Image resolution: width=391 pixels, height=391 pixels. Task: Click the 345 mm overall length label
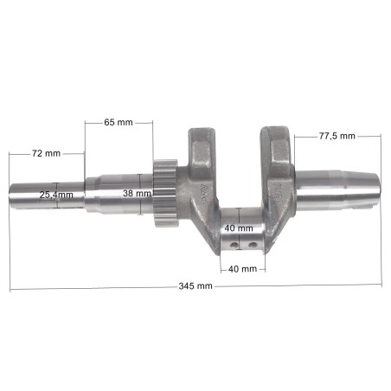195,286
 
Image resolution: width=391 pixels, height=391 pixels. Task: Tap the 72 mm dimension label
46,153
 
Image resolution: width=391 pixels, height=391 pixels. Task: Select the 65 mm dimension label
119,122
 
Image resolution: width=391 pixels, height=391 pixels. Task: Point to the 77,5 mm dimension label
337,136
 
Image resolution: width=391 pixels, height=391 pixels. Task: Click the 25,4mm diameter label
56,195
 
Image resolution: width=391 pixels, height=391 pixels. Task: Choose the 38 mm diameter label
137,193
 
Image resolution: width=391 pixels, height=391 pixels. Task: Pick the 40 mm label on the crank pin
239,228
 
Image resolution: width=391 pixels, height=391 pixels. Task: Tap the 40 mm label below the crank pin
242,269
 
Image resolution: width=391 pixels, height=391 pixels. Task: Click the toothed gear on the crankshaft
165,193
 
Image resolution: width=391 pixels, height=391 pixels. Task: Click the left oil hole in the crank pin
234,245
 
